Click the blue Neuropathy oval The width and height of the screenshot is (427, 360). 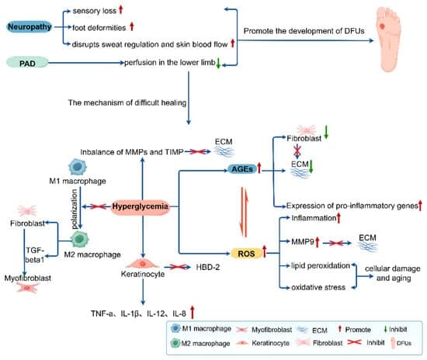(x=30, y=27)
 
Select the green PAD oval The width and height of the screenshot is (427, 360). (x=27, y=63)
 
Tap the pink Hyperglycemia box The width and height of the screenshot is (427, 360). (x=140, y=206)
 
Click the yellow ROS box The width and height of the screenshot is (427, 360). (x=246, y=254)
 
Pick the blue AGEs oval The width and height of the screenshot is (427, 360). (x=242, y=169)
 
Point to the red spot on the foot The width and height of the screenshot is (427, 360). (x=382, y=26)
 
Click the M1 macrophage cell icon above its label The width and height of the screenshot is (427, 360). (x=78, y=167)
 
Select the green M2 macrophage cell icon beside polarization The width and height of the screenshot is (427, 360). (x=79, y=239)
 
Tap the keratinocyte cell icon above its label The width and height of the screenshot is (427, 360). (x=142, y=264)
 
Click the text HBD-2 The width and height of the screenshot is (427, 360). (x=208, y=267)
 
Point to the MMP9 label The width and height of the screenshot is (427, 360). (x=303, y=241)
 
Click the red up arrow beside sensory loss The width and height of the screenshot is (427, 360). (x=121, y=10)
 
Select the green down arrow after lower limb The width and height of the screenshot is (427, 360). (x=218, y=63)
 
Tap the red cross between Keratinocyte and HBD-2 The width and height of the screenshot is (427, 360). (x=177, y=267)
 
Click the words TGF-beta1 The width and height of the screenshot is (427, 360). (x=35, y=255)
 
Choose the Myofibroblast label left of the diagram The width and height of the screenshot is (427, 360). (x=27, y=278)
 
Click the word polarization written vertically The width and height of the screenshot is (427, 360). (x=74, y=209)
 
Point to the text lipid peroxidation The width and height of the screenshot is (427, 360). (x=321, y=265)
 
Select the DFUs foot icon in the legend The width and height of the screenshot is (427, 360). (x=393, y=343)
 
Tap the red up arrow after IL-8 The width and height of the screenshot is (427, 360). (x=193, y=312)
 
